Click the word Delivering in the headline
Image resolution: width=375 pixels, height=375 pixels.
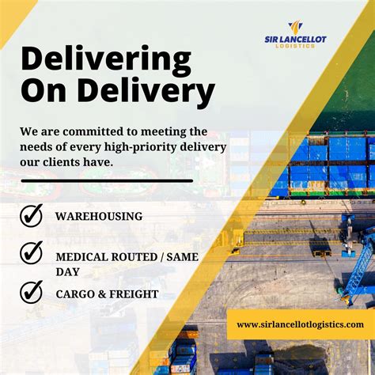105,61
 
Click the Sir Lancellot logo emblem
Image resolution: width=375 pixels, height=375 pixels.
295,28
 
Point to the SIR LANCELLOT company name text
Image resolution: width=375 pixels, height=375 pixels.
295,40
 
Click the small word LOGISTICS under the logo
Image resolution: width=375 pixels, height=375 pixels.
295,47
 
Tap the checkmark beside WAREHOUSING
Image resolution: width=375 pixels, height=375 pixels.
31,215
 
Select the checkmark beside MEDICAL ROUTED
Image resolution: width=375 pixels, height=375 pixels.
31,253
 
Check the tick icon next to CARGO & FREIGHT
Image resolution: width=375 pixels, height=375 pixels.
31,292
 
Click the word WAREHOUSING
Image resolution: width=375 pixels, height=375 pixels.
99,216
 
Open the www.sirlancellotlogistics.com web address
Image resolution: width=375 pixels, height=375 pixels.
300,324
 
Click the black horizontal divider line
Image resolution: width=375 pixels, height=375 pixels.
107,180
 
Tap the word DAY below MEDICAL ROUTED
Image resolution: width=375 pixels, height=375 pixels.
68,271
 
